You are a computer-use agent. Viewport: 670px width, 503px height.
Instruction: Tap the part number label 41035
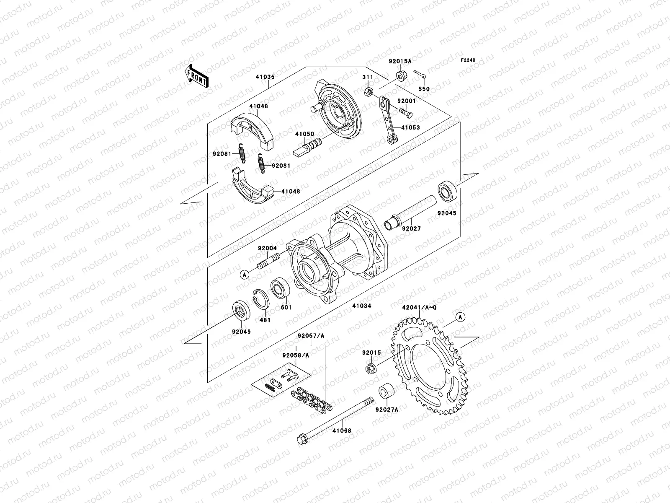pyautogui.click(x=265, y=77)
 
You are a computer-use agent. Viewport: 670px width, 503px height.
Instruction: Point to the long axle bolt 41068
pyautogui.click(x=335, y=419)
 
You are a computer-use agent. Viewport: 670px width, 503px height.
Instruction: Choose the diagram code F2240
pyautogui.click(x=469, y=60)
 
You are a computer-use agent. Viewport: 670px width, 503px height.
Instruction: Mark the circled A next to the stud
pyautogui.click(x=245, y=275)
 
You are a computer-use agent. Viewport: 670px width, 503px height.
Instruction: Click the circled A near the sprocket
pyautogui.click(x=460, y=317)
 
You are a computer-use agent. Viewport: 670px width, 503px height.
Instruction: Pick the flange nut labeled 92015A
pyautogui.click(x=400, y=76)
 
